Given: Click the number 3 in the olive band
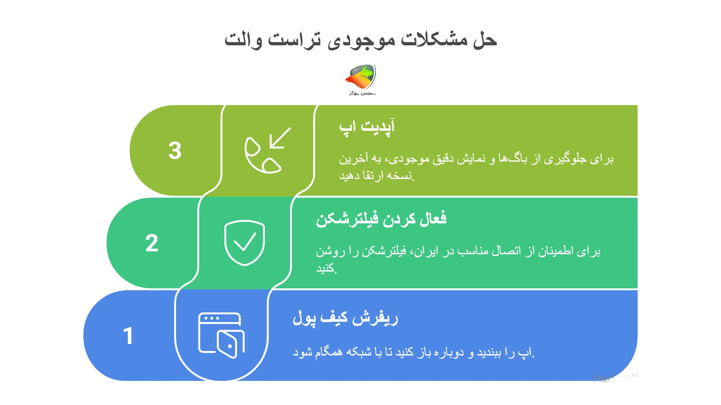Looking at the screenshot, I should [175, 150].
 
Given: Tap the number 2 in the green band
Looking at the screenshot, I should [152, 243].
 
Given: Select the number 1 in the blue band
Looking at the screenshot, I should [128, 336].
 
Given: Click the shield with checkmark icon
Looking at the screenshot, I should [245, 243].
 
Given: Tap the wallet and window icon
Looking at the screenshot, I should [221, 335].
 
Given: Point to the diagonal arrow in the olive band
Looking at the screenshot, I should [280, 138].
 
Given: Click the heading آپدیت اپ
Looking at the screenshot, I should [367, 126].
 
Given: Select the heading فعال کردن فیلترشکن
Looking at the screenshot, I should [381, 220].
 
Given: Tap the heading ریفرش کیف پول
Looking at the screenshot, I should [345, 318].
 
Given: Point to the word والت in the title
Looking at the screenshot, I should [243, 40].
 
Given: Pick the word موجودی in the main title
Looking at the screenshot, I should [361, 40].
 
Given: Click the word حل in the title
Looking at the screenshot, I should [485, 40].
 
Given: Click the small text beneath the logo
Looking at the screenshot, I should [362, 93].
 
